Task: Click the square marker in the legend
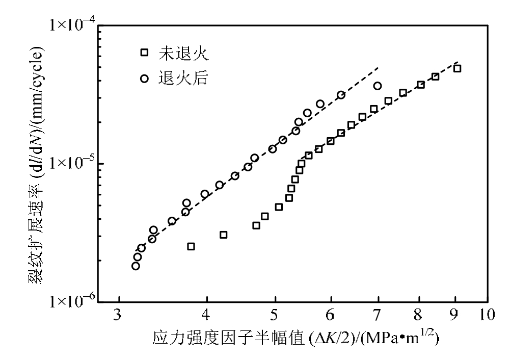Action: [x=145, y=53]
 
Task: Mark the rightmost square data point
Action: [x=457, y=68]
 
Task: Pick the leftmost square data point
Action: [x=191, y=246]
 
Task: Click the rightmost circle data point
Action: [x=378, y=86]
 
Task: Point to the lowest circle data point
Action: [x=136, y=266]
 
